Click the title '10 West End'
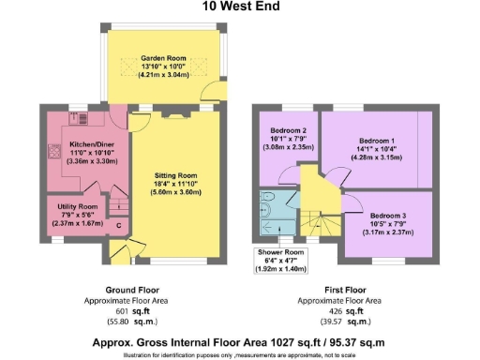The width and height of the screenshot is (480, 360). pos(239,7)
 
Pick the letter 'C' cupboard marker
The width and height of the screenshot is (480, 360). pos(118,225)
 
